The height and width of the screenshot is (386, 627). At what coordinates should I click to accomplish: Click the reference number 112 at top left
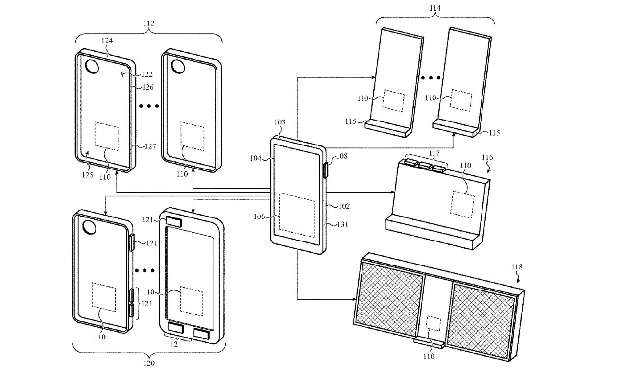tap(148, 23)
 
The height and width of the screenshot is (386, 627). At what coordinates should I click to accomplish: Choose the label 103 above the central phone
tap(279, 122)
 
